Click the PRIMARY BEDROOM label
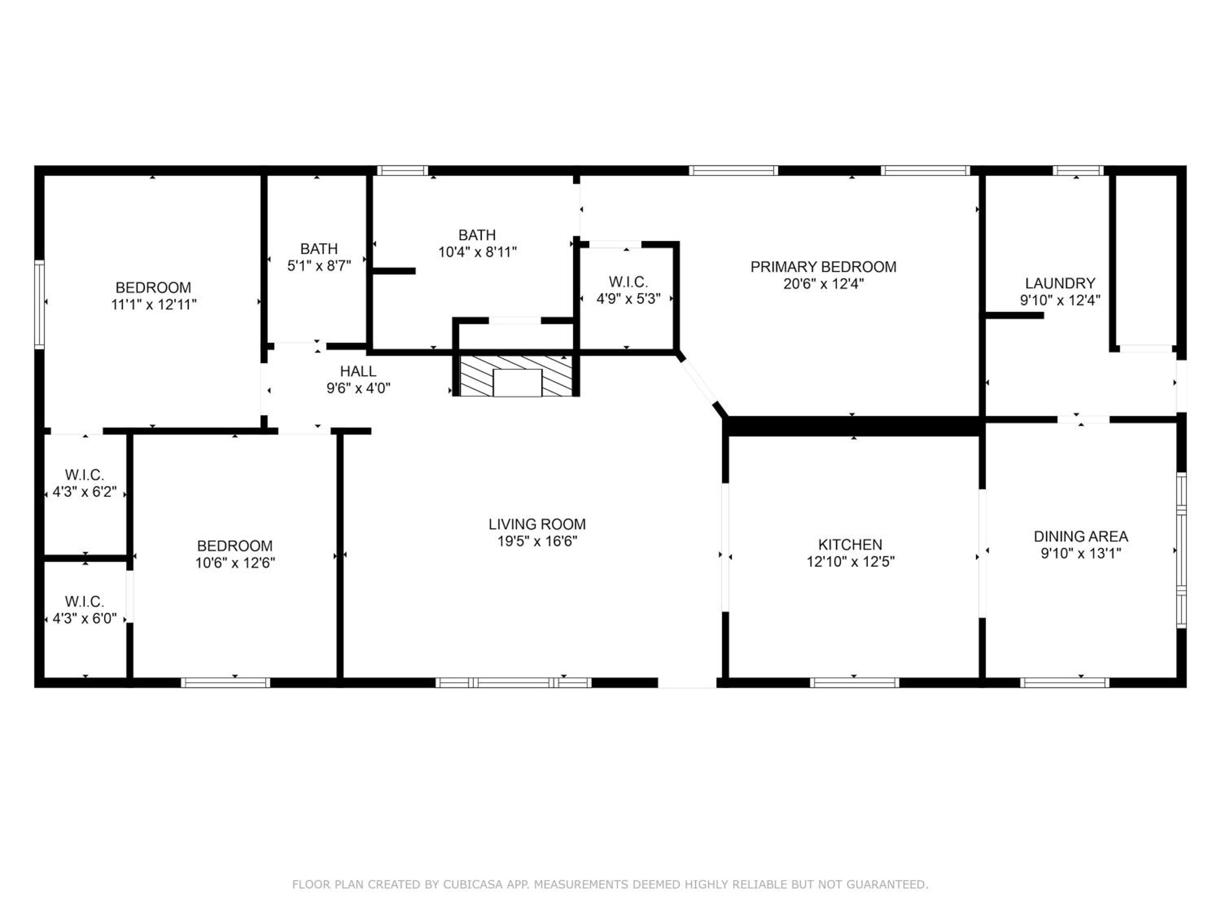tap(823, 267)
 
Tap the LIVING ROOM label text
tap(537, 524)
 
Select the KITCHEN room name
tap(850, 544)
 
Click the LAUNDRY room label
tap(1060, 283)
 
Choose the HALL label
tap(358, 371)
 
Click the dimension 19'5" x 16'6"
tap(537, 541)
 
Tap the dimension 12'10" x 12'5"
tap(850, 561)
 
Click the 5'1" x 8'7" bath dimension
tap(319, 265)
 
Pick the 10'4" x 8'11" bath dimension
tap(477, 252)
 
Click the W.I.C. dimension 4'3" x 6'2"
tap(85, 491)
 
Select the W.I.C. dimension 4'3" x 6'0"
tap(85, 618)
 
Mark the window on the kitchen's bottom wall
tap(854, 682)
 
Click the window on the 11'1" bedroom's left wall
tap(39, 304)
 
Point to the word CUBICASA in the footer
tap(473, 884)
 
